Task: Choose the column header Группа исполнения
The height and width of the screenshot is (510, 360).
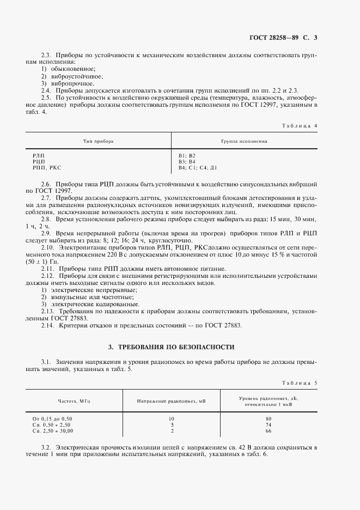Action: coord(243,141)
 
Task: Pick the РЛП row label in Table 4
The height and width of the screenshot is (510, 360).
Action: coord(39,156)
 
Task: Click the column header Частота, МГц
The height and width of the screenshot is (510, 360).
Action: coord(70,402)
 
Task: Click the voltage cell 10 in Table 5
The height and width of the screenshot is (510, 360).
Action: coord(172,418)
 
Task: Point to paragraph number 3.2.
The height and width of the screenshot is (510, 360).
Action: coord(47,447)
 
